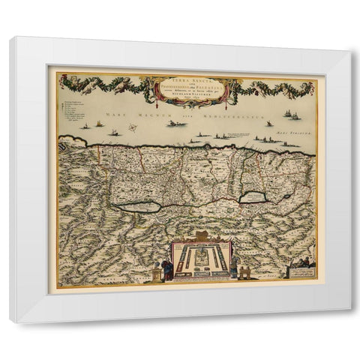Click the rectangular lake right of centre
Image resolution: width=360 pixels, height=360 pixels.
(253, 197)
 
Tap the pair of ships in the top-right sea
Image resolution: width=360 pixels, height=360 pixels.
(292, 115)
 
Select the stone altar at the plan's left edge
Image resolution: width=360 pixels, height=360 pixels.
(155, 274)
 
